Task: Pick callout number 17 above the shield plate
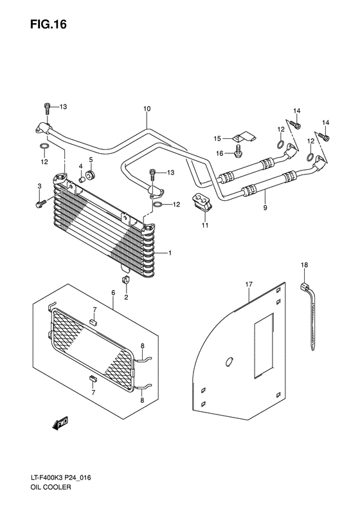click(248, 282)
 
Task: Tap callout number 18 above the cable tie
click(305, 264)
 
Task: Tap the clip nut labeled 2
click(127, 280)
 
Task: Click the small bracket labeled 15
click(244, 137)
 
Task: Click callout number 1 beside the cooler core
click(170, 253)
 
